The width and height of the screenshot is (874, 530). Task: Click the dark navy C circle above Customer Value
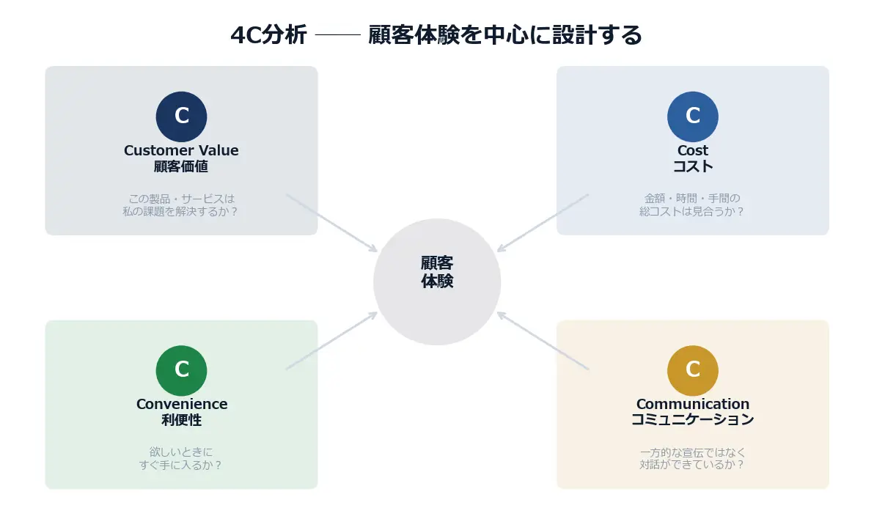[x=181, y=117]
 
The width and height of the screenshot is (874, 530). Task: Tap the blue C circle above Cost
[x=692, y=117]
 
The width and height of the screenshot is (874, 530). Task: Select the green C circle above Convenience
[x=181, y=370]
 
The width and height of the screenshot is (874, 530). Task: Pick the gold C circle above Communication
[x=692, y=370]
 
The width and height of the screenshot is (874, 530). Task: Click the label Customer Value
[x=181, y=150]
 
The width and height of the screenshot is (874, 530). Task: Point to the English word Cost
[x=692, y=150]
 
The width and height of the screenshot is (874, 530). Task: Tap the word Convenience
[x=181, y=404]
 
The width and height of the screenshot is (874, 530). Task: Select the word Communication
[x=692, y=404]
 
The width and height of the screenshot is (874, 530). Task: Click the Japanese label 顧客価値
[x=181, y=166]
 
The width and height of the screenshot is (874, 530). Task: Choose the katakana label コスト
[x=692, y=166]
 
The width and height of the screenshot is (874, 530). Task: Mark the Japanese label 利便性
[x=181, y=420]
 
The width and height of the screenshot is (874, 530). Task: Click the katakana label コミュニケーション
[x=692, y=420]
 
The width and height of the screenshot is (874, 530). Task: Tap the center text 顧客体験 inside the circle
[x=437, y=272]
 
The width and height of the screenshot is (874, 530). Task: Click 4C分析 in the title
[x=268, y=35]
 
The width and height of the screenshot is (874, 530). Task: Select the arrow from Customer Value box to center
[x=331, y=223]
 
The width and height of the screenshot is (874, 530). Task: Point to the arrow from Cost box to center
[x=543, y=223]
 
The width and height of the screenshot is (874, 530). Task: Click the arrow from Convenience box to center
[x=331, y=341]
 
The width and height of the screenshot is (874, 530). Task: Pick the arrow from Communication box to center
[x=543, y=341]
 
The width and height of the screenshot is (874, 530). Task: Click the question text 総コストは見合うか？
[x=692, y=211]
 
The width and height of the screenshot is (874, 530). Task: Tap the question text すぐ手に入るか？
[x=181, y=465]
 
